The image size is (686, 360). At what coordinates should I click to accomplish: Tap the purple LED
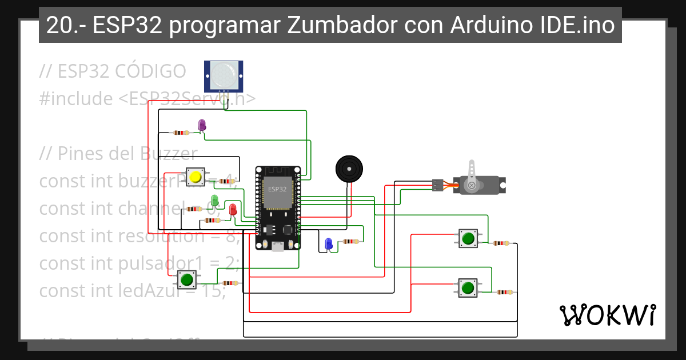[x=201, y=125]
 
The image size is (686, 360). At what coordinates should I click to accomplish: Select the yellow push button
[x=196, y=177]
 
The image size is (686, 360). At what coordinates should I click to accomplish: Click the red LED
[x=233, y=210]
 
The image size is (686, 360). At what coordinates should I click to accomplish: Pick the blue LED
[x=328, y=243]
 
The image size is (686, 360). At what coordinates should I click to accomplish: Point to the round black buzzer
[x=348, y=169]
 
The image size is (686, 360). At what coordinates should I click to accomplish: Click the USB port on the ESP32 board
[x=278, y=246]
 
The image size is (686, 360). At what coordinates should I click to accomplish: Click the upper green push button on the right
[x=468, y=238]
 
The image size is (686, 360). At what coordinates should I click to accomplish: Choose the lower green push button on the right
[x=468, y=287]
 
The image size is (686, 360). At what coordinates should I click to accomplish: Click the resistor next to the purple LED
[x=181, y=133]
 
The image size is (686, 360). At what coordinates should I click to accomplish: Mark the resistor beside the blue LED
[x=351, y=242]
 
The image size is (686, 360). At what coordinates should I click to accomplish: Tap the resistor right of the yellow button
[x=228, y=182]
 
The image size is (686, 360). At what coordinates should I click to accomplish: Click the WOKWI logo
[x=607, y=315]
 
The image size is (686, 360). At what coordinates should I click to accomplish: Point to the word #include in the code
[x=76, y=99]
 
